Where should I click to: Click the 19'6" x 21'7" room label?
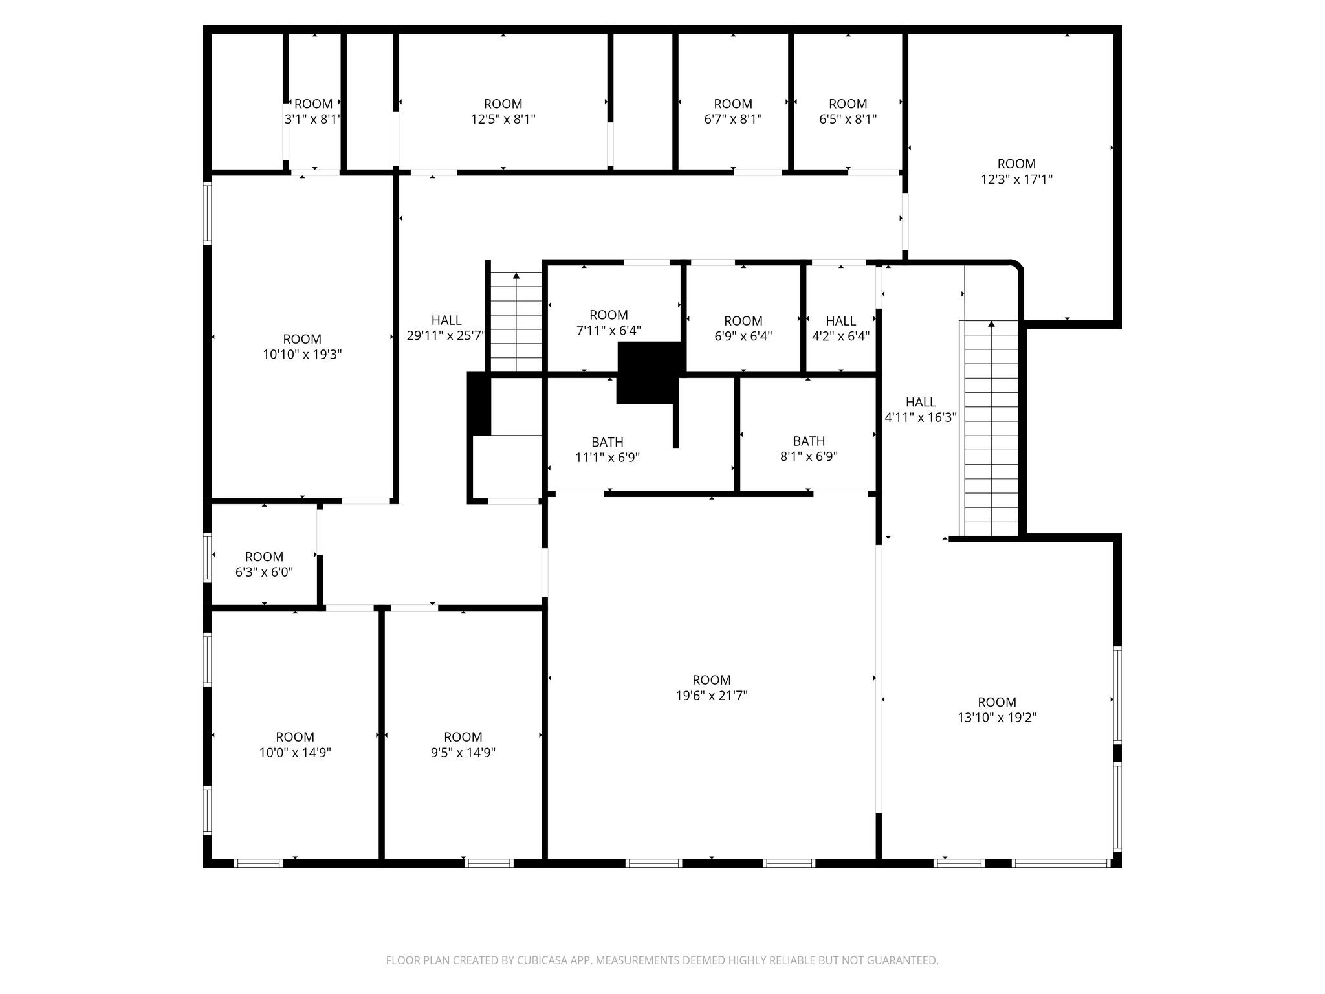712,688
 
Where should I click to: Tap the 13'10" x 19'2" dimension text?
997,718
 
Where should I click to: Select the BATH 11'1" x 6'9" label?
608,450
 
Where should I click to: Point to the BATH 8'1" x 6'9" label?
809,449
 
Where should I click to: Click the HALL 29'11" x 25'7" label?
446,328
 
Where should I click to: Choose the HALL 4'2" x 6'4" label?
840,329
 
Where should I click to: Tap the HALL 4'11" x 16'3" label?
920,410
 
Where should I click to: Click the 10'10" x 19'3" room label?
302,347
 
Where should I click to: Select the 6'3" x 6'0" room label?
264,564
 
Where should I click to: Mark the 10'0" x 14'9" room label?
295,745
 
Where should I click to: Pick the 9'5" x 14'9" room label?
463,745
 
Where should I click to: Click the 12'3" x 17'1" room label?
1016,171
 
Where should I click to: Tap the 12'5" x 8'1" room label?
503,111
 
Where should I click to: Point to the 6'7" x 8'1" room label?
733,111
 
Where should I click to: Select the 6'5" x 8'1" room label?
848,111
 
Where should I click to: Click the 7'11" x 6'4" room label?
608,322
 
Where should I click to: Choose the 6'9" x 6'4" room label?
743,329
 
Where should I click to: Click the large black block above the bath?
649,373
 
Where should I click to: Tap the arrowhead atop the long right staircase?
991,324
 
